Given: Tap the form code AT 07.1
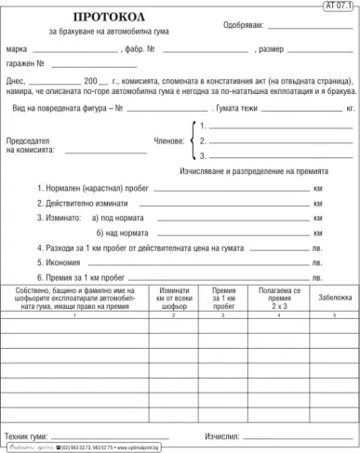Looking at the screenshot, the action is tap(340, 6).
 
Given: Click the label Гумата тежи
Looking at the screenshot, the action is tap(206, 109).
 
